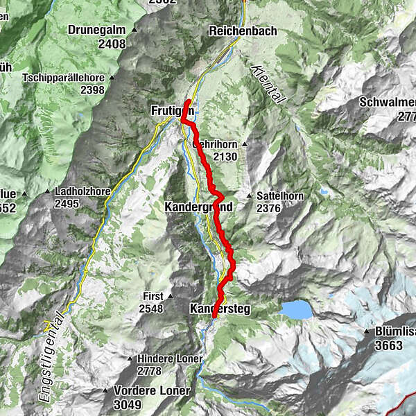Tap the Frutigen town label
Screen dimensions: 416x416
point(171,111)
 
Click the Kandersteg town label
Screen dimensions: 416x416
point(219,307)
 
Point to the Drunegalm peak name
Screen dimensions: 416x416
point(96,30)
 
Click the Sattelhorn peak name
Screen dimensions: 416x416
point(279,196)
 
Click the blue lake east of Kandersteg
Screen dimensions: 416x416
point(297,309)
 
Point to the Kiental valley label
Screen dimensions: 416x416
point(267,83)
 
